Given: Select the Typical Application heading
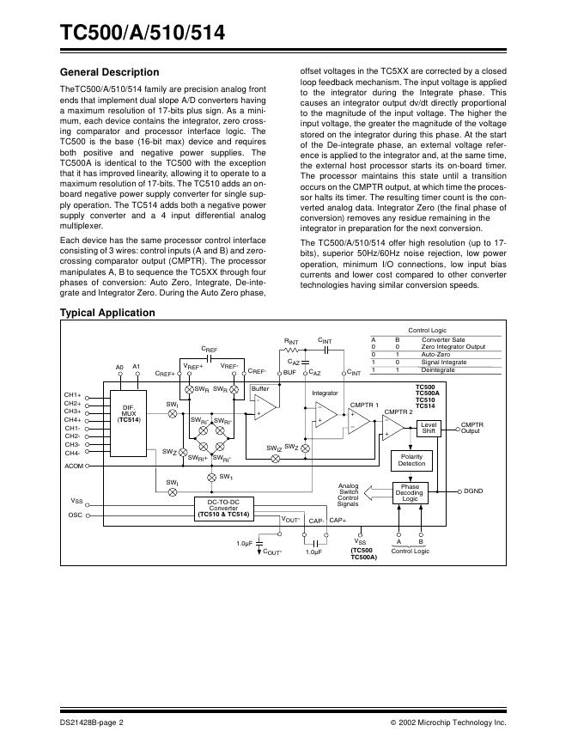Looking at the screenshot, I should (x=107, y=313).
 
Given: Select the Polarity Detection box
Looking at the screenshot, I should (x=411, y=460).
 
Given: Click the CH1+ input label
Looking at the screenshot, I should (x=72, y=394).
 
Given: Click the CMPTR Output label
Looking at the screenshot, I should (x=472, y=428).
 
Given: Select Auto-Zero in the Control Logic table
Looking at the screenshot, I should (x=435, y=354).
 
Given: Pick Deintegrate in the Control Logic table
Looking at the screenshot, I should (x=438, y=369).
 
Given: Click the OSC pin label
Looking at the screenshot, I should (x=75, y=515).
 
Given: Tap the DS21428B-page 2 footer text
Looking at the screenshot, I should (x=93, y=723).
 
